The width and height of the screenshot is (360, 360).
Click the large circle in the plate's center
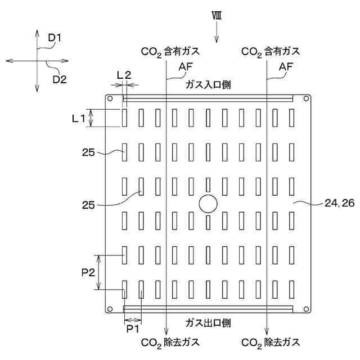(208, 204)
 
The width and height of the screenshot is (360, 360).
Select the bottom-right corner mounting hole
(306, 308)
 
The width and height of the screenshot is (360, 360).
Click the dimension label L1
(78, 118)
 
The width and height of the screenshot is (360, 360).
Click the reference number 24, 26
(340, 203)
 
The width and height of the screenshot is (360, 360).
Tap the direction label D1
(55, 38)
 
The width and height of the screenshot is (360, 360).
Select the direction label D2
(60, 79)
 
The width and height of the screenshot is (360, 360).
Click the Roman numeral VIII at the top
(216, 16)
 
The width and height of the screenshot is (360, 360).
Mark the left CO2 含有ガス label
(170, 52)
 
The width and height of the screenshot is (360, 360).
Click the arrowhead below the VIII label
(217, 39)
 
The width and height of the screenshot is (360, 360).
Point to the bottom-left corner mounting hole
(110, 308)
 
